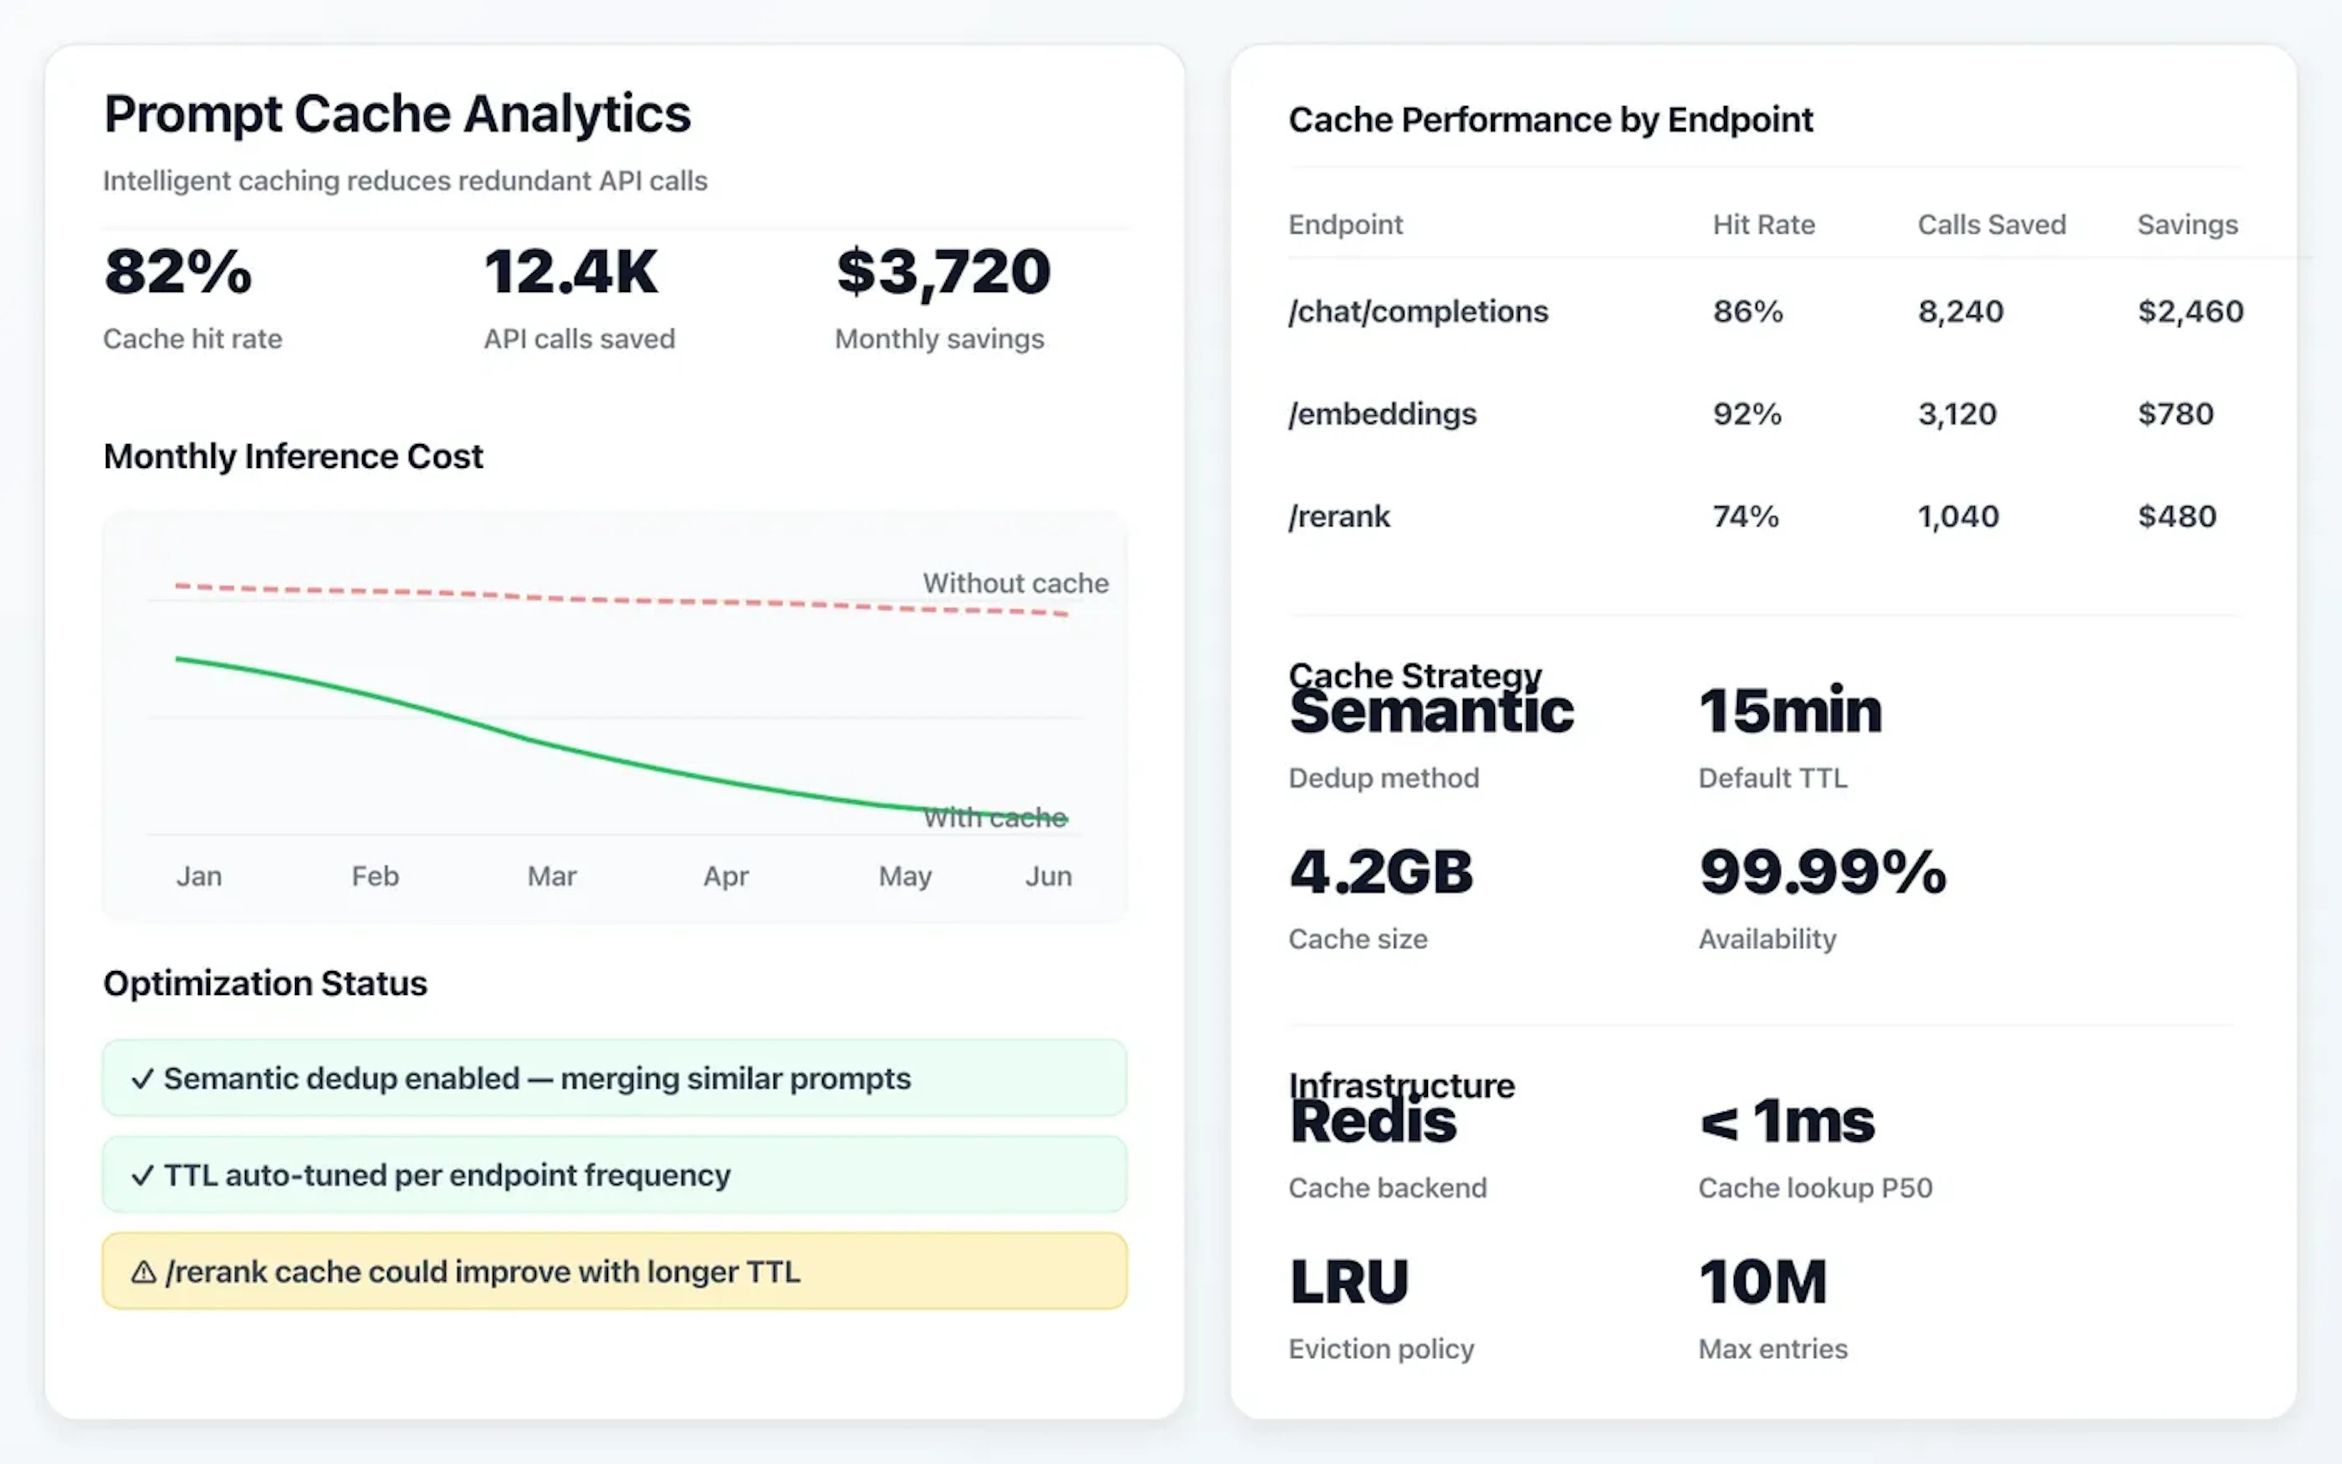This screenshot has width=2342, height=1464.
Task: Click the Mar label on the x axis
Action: click(x=551, y=877)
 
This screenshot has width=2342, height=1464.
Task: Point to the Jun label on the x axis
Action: click(x=1048, y=877)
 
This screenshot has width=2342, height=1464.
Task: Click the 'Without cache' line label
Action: click(x=1015, y=583)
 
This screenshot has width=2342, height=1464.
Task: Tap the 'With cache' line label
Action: click(x=995, y=818)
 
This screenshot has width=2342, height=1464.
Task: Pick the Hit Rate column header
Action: click(x=1763, y=224)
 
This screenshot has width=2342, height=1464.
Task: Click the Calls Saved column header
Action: click(x=1992, y=224)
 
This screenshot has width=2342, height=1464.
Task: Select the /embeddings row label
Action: click(x=1382, y=414)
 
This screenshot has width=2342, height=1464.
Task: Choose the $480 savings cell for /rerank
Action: click(x=2177, y=516)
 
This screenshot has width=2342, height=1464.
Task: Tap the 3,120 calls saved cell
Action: click(x=1957, y=414)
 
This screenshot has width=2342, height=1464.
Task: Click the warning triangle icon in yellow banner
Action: click(x=143, y=1271)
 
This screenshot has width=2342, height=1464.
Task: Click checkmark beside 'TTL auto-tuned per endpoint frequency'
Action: click(x=142, y=1175)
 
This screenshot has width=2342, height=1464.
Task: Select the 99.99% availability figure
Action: click(x=1822, y=872)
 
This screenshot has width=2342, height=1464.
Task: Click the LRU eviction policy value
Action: click(x=1349, y=1282)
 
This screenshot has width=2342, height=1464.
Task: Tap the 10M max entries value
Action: click(x=1763, y=1282)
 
